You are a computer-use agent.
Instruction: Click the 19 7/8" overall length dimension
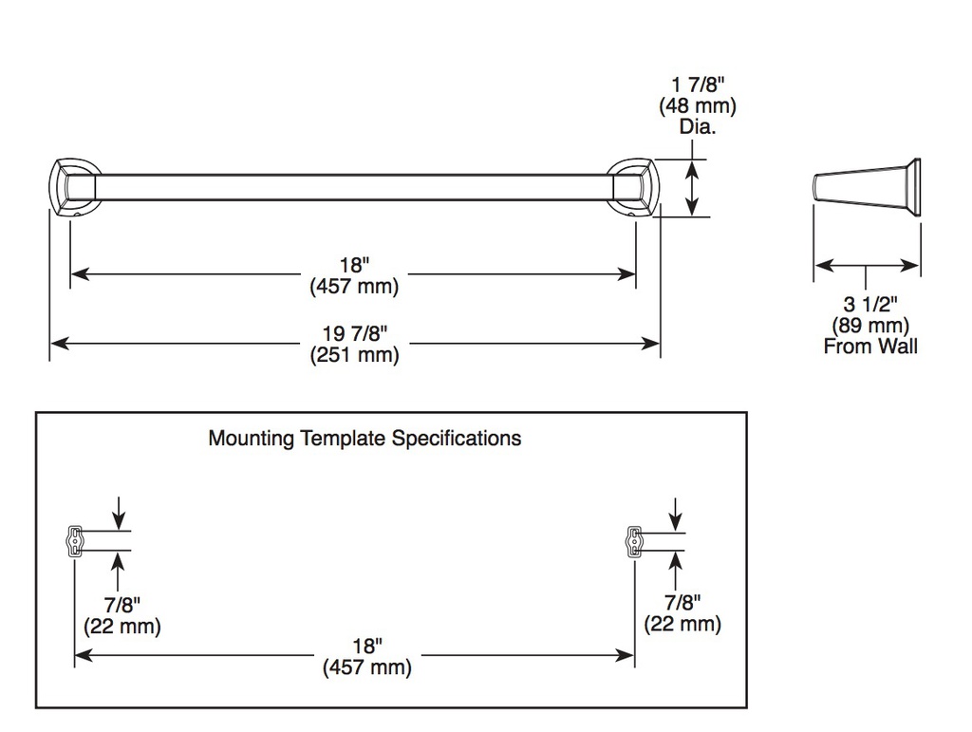click(354, 333)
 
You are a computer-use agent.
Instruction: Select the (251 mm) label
click(354, 355)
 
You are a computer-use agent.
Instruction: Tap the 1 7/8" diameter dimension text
click(698, 84)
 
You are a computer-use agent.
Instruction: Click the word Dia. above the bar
click(698, 126)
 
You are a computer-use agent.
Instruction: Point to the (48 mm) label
click(698, 105)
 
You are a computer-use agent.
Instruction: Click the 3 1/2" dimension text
click(870, 304)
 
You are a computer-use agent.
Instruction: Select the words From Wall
click(870, 346)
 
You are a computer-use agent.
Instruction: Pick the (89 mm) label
click(870, 325)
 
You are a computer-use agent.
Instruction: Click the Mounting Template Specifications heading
click(364, 439)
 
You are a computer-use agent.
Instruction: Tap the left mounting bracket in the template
click(74, 541)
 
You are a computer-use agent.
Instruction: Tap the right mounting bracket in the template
click(634, 541)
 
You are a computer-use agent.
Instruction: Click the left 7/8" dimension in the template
click(122, 605)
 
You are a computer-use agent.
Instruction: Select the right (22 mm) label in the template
click(682, 624)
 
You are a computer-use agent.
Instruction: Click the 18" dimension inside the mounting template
click(367, 646)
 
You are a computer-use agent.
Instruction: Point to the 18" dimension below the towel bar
click(354, 265)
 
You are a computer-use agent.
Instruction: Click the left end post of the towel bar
click(75, 187)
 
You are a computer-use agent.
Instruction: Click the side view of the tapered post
click(867, 188)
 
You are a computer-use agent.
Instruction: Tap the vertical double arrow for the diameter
click(692, 188)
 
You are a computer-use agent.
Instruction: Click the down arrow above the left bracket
click(119, 513)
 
